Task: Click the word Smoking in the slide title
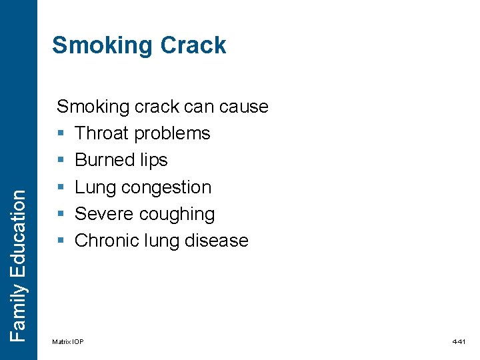[x=101, y=45]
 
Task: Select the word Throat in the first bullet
[x=102, y=133]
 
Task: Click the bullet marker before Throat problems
[x=61, y=134]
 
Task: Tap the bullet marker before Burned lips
[x=61, y=161]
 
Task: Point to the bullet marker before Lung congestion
[x=61, y=187]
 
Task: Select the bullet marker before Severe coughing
[x=61, y=214]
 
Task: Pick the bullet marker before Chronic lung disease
[x=61, y=241]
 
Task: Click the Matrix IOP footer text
[x=68, y=342]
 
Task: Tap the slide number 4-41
[x=459, y=342]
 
